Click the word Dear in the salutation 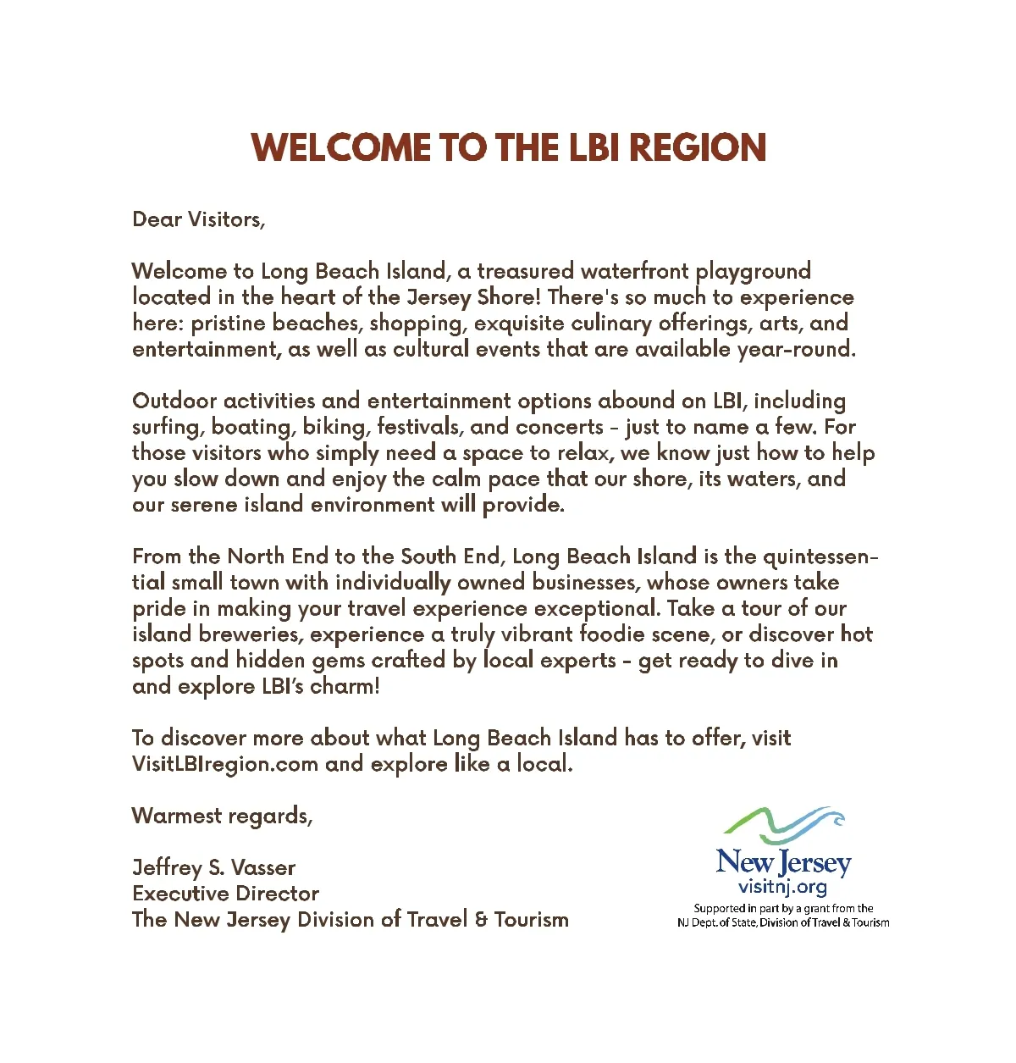tap(157, 219)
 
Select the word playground tap(753, 272)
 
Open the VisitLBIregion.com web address tap(224, 764)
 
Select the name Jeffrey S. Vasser tap(213, 868)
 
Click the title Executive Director tap(225, 894)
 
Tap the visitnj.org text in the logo tap(782, 887)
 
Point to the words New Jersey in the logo tap(783, 862)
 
